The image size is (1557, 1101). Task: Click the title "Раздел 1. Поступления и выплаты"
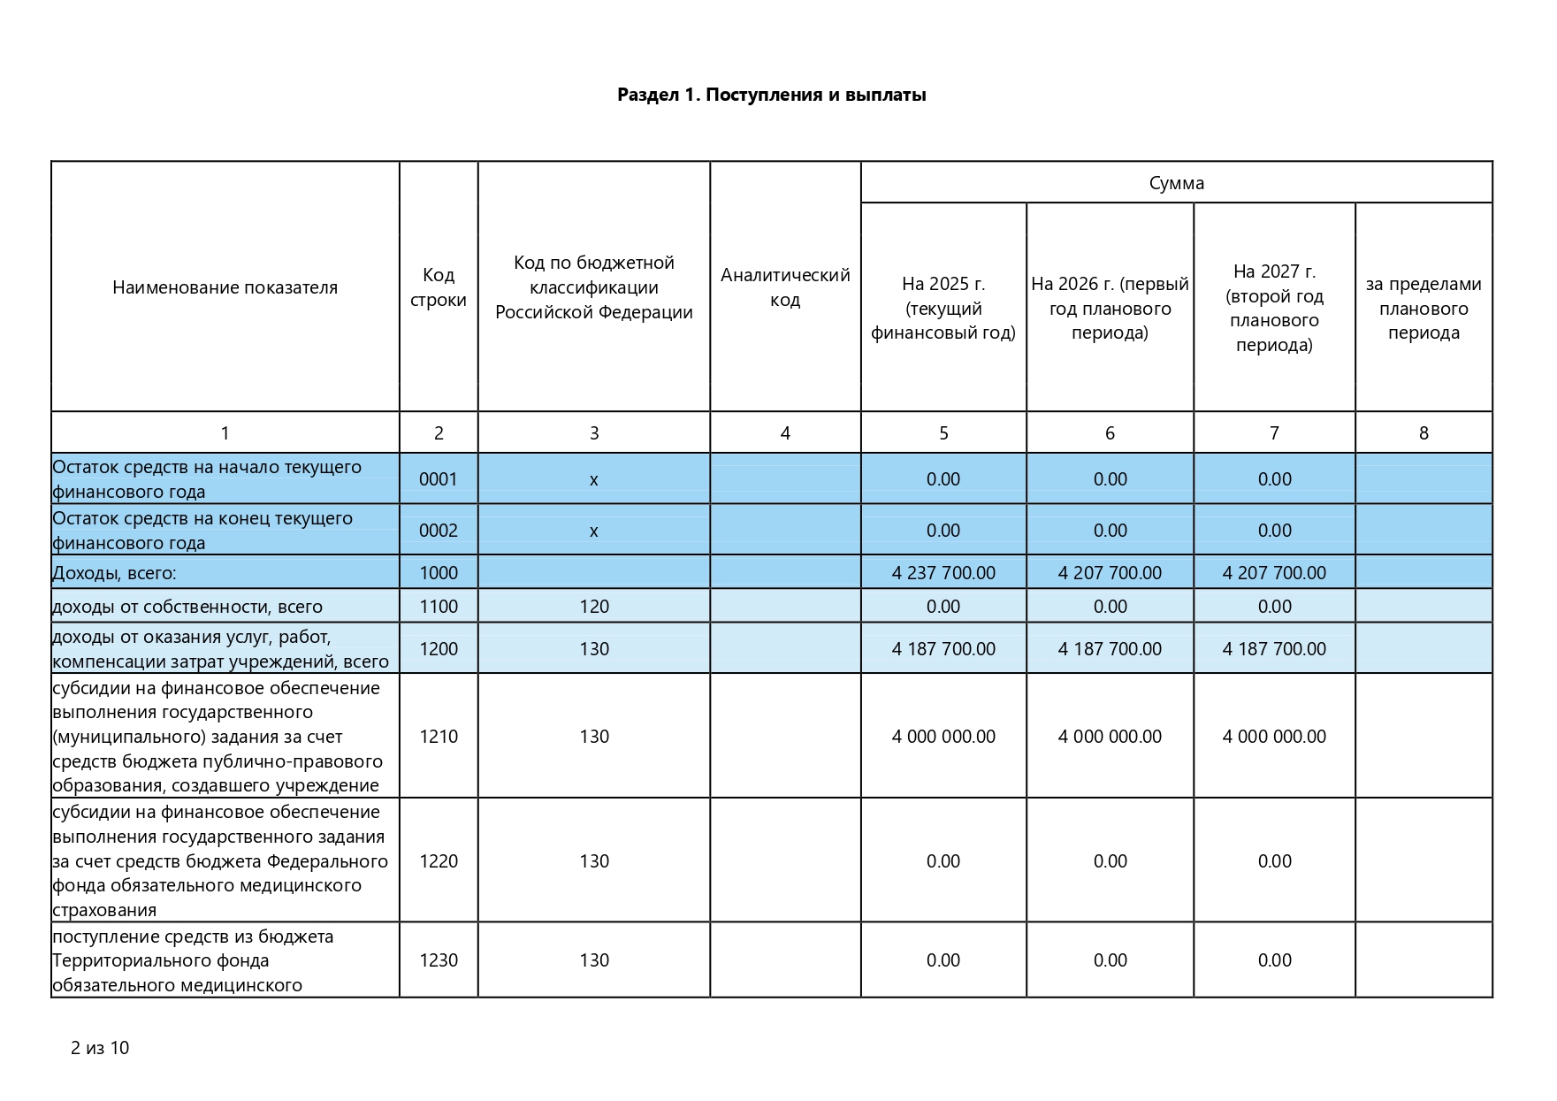[771, 95]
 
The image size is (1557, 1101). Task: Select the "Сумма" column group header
[1176, 183]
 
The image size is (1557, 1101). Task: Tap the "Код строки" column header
[439, 287]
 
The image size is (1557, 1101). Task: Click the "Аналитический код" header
[785, 287]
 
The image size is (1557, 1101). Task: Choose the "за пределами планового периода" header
[1423, 308]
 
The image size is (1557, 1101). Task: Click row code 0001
[439, 479]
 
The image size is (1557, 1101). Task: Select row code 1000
[439, 573]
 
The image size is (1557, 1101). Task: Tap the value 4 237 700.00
[943, 573]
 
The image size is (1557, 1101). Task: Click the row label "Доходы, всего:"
[115, 574]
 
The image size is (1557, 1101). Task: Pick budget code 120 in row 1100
[594, 607]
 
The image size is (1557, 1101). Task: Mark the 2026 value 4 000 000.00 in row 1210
[1110, 737]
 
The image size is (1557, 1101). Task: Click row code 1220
[439, 861]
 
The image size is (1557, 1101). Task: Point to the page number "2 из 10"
[100, 1048]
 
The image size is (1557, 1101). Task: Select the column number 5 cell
[943, 433]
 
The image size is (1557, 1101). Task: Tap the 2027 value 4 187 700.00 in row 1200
[1274, 649]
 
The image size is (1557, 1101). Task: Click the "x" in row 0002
[594, 531]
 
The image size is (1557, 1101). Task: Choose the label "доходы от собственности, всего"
[187, 608]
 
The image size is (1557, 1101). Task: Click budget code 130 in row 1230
[594, 960]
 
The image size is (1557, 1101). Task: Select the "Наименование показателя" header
[225, 287]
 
